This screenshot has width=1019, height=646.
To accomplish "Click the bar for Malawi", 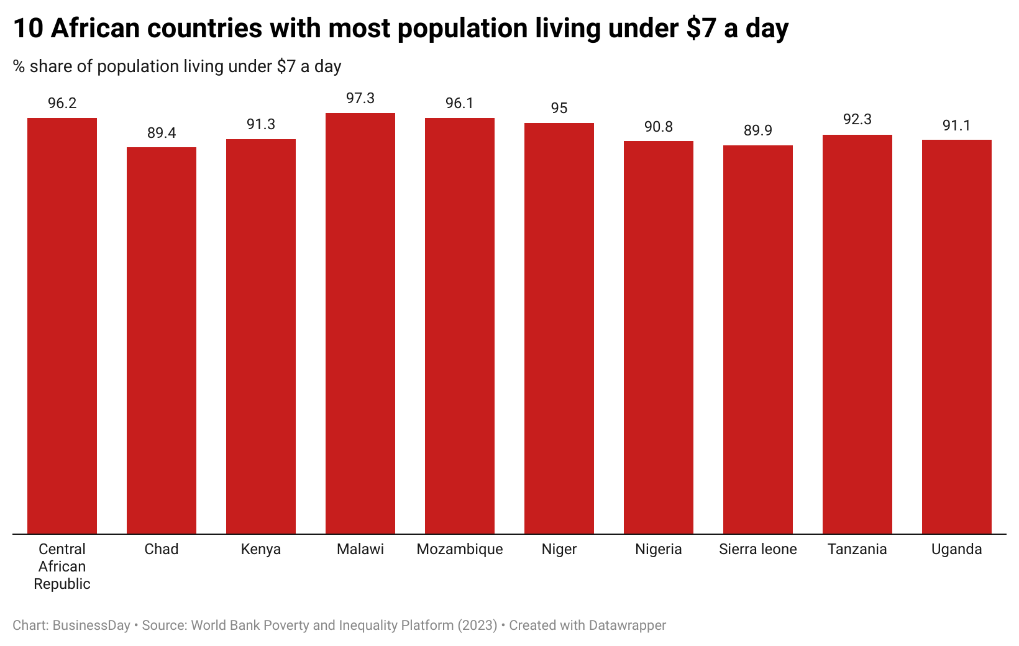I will click(360, 323).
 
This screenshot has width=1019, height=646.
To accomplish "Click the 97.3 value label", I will click(360, 98).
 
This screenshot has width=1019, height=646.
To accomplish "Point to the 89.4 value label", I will click(162, 133).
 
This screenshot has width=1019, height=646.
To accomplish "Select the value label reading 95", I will click(559, 108).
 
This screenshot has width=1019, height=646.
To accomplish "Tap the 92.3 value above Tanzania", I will click(857, 119).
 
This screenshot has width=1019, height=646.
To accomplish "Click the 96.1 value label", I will click(460, 103).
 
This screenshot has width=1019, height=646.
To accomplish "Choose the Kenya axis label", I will click(261, 549).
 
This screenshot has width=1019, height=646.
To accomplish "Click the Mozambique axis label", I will click(460, 549).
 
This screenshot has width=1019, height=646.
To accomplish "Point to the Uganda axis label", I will click(957, 549).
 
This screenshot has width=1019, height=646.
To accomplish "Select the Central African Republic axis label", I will click(62, 566).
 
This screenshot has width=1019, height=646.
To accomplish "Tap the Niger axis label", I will click(559, 549).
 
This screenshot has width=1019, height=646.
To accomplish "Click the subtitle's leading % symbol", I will click(19, 66).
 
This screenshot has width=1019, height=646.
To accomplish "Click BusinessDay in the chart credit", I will click(91, 626).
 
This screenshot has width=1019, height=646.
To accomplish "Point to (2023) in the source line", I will click(477, 626).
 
